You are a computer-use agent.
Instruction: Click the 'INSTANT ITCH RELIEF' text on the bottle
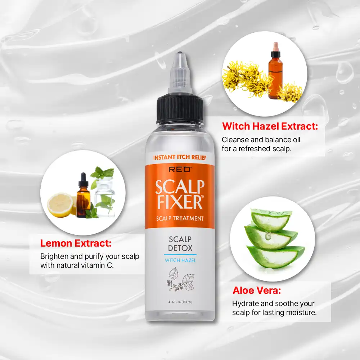click(180, 158)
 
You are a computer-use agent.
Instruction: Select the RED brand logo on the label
click(180, 170)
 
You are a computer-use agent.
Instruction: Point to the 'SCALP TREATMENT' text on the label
click(180, 219)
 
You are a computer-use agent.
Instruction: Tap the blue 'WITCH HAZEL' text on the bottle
click(180, 260)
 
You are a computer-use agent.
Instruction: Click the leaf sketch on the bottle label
click(180, 279)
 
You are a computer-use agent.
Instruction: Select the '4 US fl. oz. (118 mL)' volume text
click(180, 302)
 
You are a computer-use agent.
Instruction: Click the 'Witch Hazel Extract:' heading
click(270, 126)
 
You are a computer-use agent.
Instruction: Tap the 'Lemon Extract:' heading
click(76, 243)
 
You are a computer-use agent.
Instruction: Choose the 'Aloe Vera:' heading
click(257, 291)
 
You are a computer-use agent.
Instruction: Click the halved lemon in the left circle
click(61, 205)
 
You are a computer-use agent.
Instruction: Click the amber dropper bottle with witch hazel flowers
click(275, 71)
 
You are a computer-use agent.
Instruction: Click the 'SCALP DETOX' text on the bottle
click(180, 244)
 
